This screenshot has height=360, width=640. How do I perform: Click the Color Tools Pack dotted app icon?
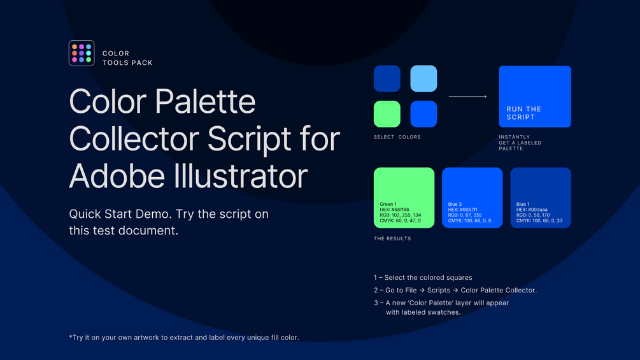tap(82, 53)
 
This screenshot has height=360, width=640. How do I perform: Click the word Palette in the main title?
tap(205, 101)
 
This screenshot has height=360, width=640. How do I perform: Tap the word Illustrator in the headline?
tap(241, 176)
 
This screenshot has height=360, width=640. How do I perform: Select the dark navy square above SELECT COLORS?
tap(387, 78)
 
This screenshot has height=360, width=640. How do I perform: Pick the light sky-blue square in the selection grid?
tap(423, 78)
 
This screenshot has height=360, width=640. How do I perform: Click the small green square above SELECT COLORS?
tap(387, 114)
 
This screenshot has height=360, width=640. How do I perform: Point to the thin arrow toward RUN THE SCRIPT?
tap(468, 96)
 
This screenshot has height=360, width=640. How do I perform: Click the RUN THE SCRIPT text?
tap(523, 113)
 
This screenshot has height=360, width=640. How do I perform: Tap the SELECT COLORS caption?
tap(397, 137)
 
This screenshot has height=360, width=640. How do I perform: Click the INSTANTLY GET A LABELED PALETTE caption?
tap(520, 143)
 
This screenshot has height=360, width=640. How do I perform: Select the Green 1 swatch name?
tap(388, 204)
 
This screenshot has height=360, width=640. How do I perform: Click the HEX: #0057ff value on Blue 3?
tap(462, 210)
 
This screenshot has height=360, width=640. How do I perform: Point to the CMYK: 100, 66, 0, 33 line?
tap(539, 221)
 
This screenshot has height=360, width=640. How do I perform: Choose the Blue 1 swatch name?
tap(523, 204)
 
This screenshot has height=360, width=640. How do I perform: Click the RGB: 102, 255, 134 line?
tap(401, 215)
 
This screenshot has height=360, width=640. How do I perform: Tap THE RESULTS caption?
tap(392, 239)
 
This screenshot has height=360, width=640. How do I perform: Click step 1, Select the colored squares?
tap(423, 278)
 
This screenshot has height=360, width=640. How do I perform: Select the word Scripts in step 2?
tap(438, 290)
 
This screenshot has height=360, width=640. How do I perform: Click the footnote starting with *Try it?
tap(184, 338)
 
